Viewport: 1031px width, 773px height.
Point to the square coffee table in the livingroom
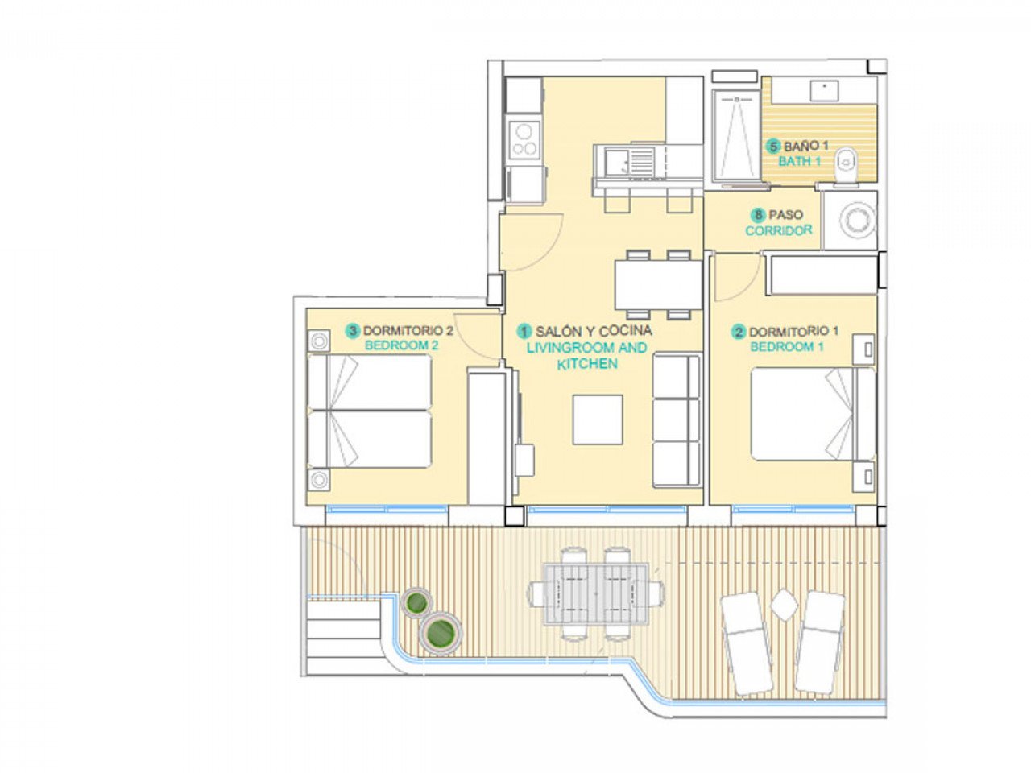pyautogui.click(x=597, y=420)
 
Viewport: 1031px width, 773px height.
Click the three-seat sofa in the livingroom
pyautogui.click(x=676, y=420)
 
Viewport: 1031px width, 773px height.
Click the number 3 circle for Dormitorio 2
pyautogui.click(x=352, y=331)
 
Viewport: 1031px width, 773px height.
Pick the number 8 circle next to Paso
pyautogui.click(x=758, y=215)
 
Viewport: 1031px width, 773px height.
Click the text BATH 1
pyautogui.click(x=799, y=161)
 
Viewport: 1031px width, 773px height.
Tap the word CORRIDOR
pyautogui.click(x=778, y=230)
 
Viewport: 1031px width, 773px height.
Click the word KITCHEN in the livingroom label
pyautogui.click(x=587, y=364)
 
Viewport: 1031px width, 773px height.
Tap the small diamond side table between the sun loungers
pyautogui.click(x=783, y=603)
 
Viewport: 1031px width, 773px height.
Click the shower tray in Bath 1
pyautogui.click(x=735, y=134)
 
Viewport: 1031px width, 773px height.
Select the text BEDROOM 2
pyautogui.click(x=401, y=345)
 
